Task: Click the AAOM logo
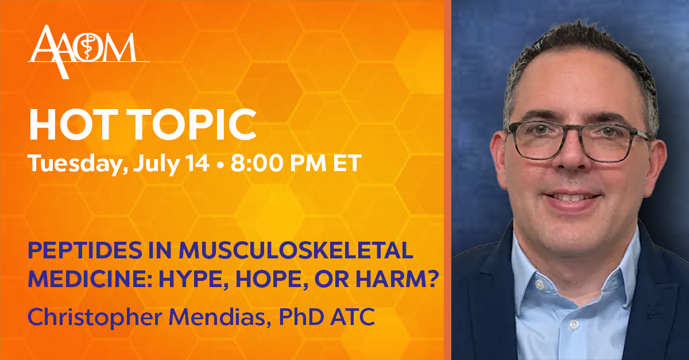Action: [88, 52]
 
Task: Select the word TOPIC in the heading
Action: [191, 125]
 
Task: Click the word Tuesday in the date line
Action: [78, 164]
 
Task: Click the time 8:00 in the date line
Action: [257, 162]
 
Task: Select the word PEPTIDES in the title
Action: [85, 250]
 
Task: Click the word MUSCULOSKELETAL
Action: [296, 250]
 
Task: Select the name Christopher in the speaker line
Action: [95, 318]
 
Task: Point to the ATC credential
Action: [353, 316]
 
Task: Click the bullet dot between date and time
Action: [220, 165]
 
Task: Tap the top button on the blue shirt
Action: [539, 285]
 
